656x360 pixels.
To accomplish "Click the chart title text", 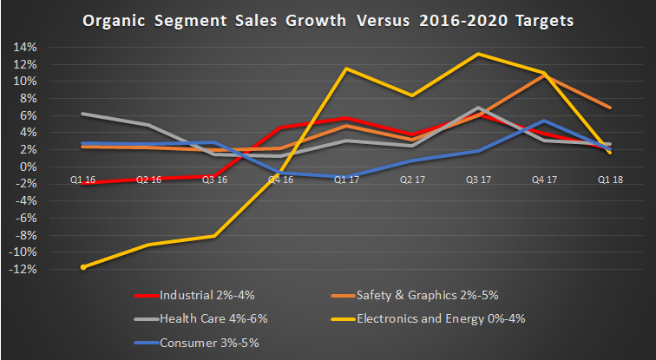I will coord(328,20).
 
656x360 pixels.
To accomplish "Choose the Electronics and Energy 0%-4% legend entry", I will coord(469,318).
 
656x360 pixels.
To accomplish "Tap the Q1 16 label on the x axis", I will coord(83,179).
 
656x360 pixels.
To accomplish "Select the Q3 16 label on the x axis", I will coord(214,179).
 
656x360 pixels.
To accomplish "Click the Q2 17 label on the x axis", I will coord(413,179).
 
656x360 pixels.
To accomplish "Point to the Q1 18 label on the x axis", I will coord(611,179).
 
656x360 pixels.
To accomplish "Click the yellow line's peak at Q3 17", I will coord(479,54).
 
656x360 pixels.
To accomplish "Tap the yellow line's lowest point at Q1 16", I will coord(83,267).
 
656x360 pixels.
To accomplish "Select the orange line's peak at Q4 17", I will coord(544,75).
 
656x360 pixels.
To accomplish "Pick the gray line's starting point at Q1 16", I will coord(83,114).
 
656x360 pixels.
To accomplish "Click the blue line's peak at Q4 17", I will coord(544,121).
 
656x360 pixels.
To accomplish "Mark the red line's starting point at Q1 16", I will coord(83,183).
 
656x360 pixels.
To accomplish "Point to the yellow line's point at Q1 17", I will coord(347,69).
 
